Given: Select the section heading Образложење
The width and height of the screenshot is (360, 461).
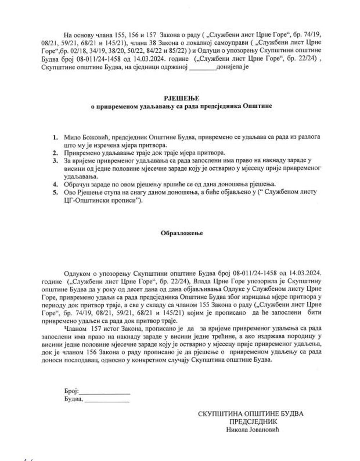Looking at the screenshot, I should (x=181, y=233).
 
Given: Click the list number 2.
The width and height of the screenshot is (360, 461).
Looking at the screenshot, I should (x=55, y=153).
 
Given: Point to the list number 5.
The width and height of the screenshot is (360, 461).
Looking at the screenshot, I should (x=55, y=192).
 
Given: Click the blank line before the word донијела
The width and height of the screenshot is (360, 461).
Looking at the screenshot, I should (x=203, y=67).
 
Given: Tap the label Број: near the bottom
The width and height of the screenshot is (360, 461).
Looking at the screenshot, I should (x=71, y=391).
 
